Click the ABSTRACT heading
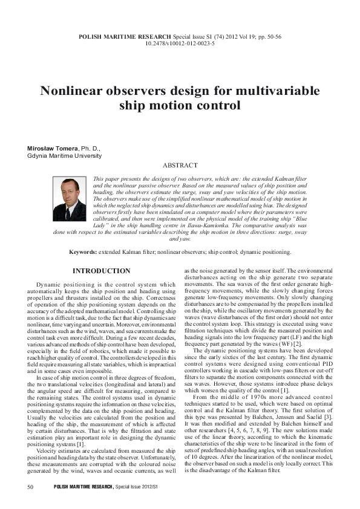point(180,166)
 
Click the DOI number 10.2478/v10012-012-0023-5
point(180,44)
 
